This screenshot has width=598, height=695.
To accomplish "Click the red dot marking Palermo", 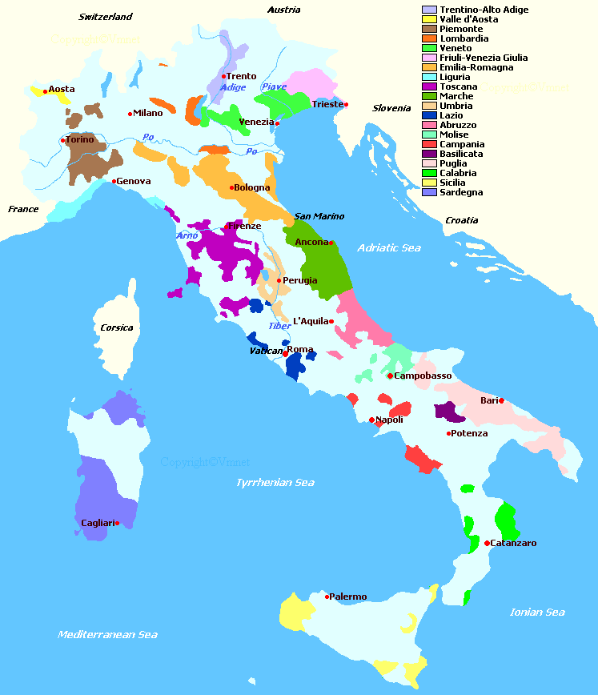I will [x=327, y=597].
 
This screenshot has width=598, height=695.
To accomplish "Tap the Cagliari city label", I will [x=97, y=523].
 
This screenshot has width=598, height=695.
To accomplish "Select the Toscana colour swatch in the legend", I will [x=429, y=86].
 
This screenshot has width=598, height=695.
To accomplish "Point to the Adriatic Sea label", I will [x=388, y=248].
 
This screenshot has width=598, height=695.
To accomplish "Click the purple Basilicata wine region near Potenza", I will [x=448, y=413].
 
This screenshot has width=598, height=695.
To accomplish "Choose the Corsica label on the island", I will [x=117, y=327].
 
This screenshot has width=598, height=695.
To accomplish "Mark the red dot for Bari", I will [x=502, y=400].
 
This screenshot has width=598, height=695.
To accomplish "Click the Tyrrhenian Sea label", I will [x=275, y=483].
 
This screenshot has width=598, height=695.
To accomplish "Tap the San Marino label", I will [x=319, y=216].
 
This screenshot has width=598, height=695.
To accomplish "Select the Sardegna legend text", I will [x=461, y=192].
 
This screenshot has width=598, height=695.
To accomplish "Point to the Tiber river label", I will [x=279, y=326].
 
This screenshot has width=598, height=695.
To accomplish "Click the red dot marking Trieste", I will [x=346, y=104].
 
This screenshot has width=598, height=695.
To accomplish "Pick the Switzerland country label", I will [x=105, y=17].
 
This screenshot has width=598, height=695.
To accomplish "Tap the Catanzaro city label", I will [x=513, y=543].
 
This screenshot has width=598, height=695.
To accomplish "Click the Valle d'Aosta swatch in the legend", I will [x=429, y=19].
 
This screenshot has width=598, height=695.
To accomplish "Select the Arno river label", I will [x=187, y=235].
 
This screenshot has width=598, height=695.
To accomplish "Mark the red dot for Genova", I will [x=114, y=181].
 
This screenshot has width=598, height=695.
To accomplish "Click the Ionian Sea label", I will [x=537, y=613].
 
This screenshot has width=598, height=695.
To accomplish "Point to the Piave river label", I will [x=274, y=86].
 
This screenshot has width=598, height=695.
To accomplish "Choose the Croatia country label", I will [x=462, y=220].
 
